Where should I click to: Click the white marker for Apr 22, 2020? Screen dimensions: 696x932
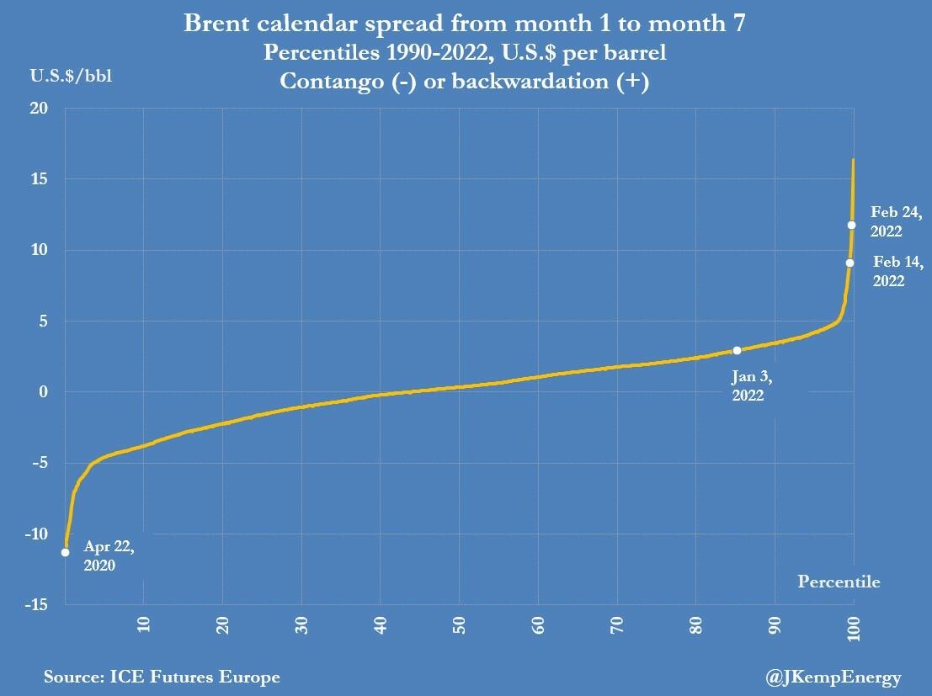[x=65, y=552]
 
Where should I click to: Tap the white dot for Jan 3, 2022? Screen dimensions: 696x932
[x=737, y=350]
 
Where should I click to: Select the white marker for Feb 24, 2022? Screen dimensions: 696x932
[x=852, y=225]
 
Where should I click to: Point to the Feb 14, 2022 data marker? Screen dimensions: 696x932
[x=850, y=263]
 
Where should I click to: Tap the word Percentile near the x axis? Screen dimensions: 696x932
[x=838, y=582]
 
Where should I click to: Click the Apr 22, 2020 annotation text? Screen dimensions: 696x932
[x=108, y=555]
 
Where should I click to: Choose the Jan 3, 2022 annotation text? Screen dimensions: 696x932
[x=748, y=385]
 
